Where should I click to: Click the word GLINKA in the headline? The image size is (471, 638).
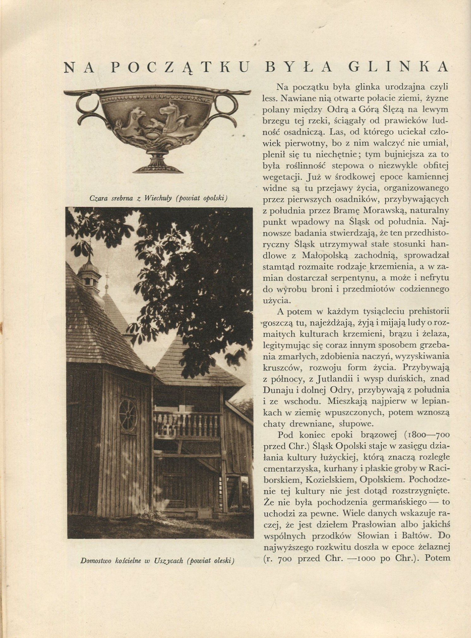click(398, 67)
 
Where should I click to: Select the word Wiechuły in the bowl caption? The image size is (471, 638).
click(158, 198)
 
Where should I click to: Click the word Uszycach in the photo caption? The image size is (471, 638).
click(169, 561)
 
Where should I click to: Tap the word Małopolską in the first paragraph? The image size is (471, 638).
click(320, 255)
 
